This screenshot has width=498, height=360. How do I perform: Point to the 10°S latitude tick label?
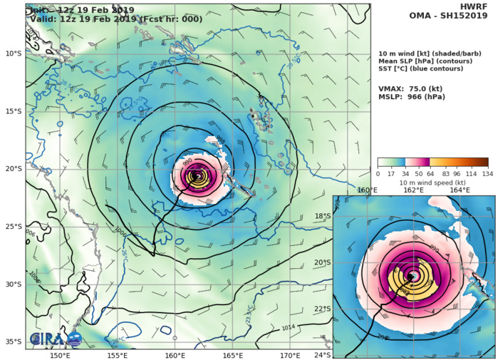12,53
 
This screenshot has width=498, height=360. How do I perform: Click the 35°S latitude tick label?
12,342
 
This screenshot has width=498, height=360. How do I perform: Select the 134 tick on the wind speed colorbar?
489,173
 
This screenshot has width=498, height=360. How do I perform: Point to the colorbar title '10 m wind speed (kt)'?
432,181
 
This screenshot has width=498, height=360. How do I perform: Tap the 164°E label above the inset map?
459,190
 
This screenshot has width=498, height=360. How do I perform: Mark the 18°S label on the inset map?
322,216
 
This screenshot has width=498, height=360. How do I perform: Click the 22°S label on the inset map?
322,309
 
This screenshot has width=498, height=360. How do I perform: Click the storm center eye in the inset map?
413,276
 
